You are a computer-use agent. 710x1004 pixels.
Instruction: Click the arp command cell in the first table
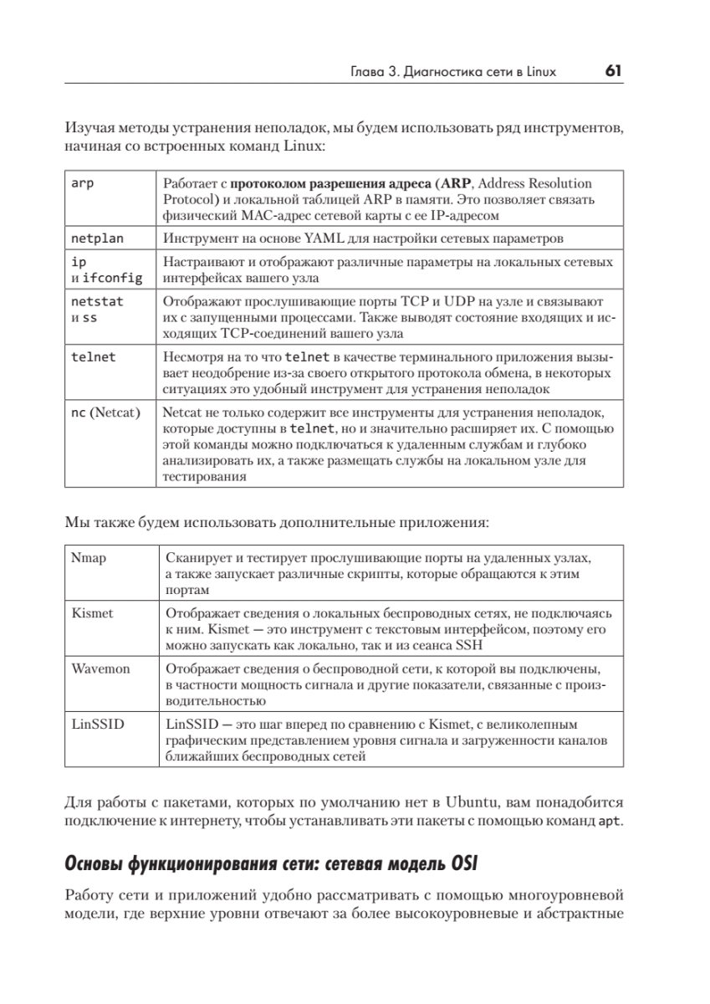[x=83, y=183]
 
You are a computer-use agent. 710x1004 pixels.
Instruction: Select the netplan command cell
[x=97, y=238]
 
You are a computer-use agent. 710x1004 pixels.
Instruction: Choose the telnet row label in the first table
[x=94, y=356]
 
